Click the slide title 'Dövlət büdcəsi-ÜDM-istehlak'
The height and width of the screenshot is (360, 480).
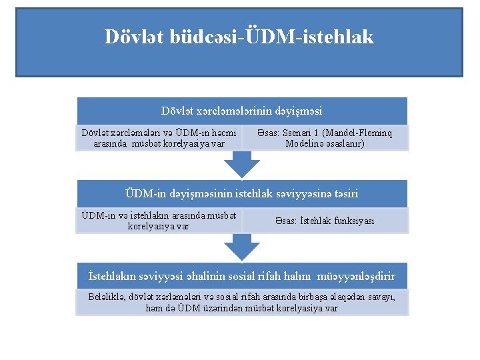239,37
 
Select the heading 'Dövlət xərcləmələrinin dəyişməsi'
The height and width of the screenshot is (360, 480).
242,111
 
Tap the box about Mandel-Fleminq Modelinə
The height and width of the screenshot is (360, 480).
325,138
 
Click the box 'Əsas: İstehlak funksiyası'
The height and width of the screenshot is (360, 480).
325,221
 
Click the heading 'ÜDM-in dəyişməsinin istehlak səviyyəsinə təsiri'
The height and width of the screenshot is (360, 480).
242,193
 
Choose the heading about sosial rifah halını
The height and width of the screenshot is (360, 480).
242,275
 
